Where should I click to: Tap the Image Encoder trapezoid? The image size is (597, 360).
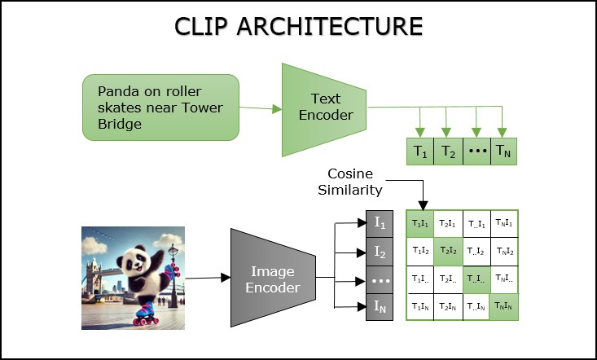point(273,279)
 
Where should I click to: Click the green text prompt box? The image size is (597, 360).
point(160,107)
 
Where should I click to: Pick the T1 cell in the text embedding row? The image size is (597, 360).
point(420,151)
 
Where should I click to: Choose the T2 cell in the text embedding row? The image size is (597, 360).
point(448,151)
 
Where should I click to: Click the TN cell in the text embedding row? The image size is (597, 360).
point(505,151)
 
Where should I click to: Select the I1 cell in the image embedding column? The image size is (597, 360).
point(380,222)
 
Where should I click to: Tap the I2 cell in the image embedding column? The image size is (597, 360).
point(380,250)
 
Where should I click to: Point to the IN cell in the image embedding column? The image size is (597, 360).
point(380,307)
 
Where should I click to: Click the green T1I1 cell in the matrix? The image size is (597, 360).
point(420,222)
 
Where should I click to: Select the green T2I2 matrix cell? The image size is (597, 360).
point(448,250)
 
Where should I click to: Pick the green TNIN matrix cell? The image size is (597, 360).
point(505,306)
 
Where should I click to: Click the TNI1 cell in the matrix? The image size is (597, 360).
point(505,222)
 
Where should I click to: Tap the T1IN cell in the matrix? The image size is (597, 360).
point(420,306)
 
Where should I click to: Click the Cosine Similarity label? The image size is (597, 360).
point(355,182)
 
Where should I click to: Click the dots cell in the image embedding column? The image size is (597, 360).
point(380,279)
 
